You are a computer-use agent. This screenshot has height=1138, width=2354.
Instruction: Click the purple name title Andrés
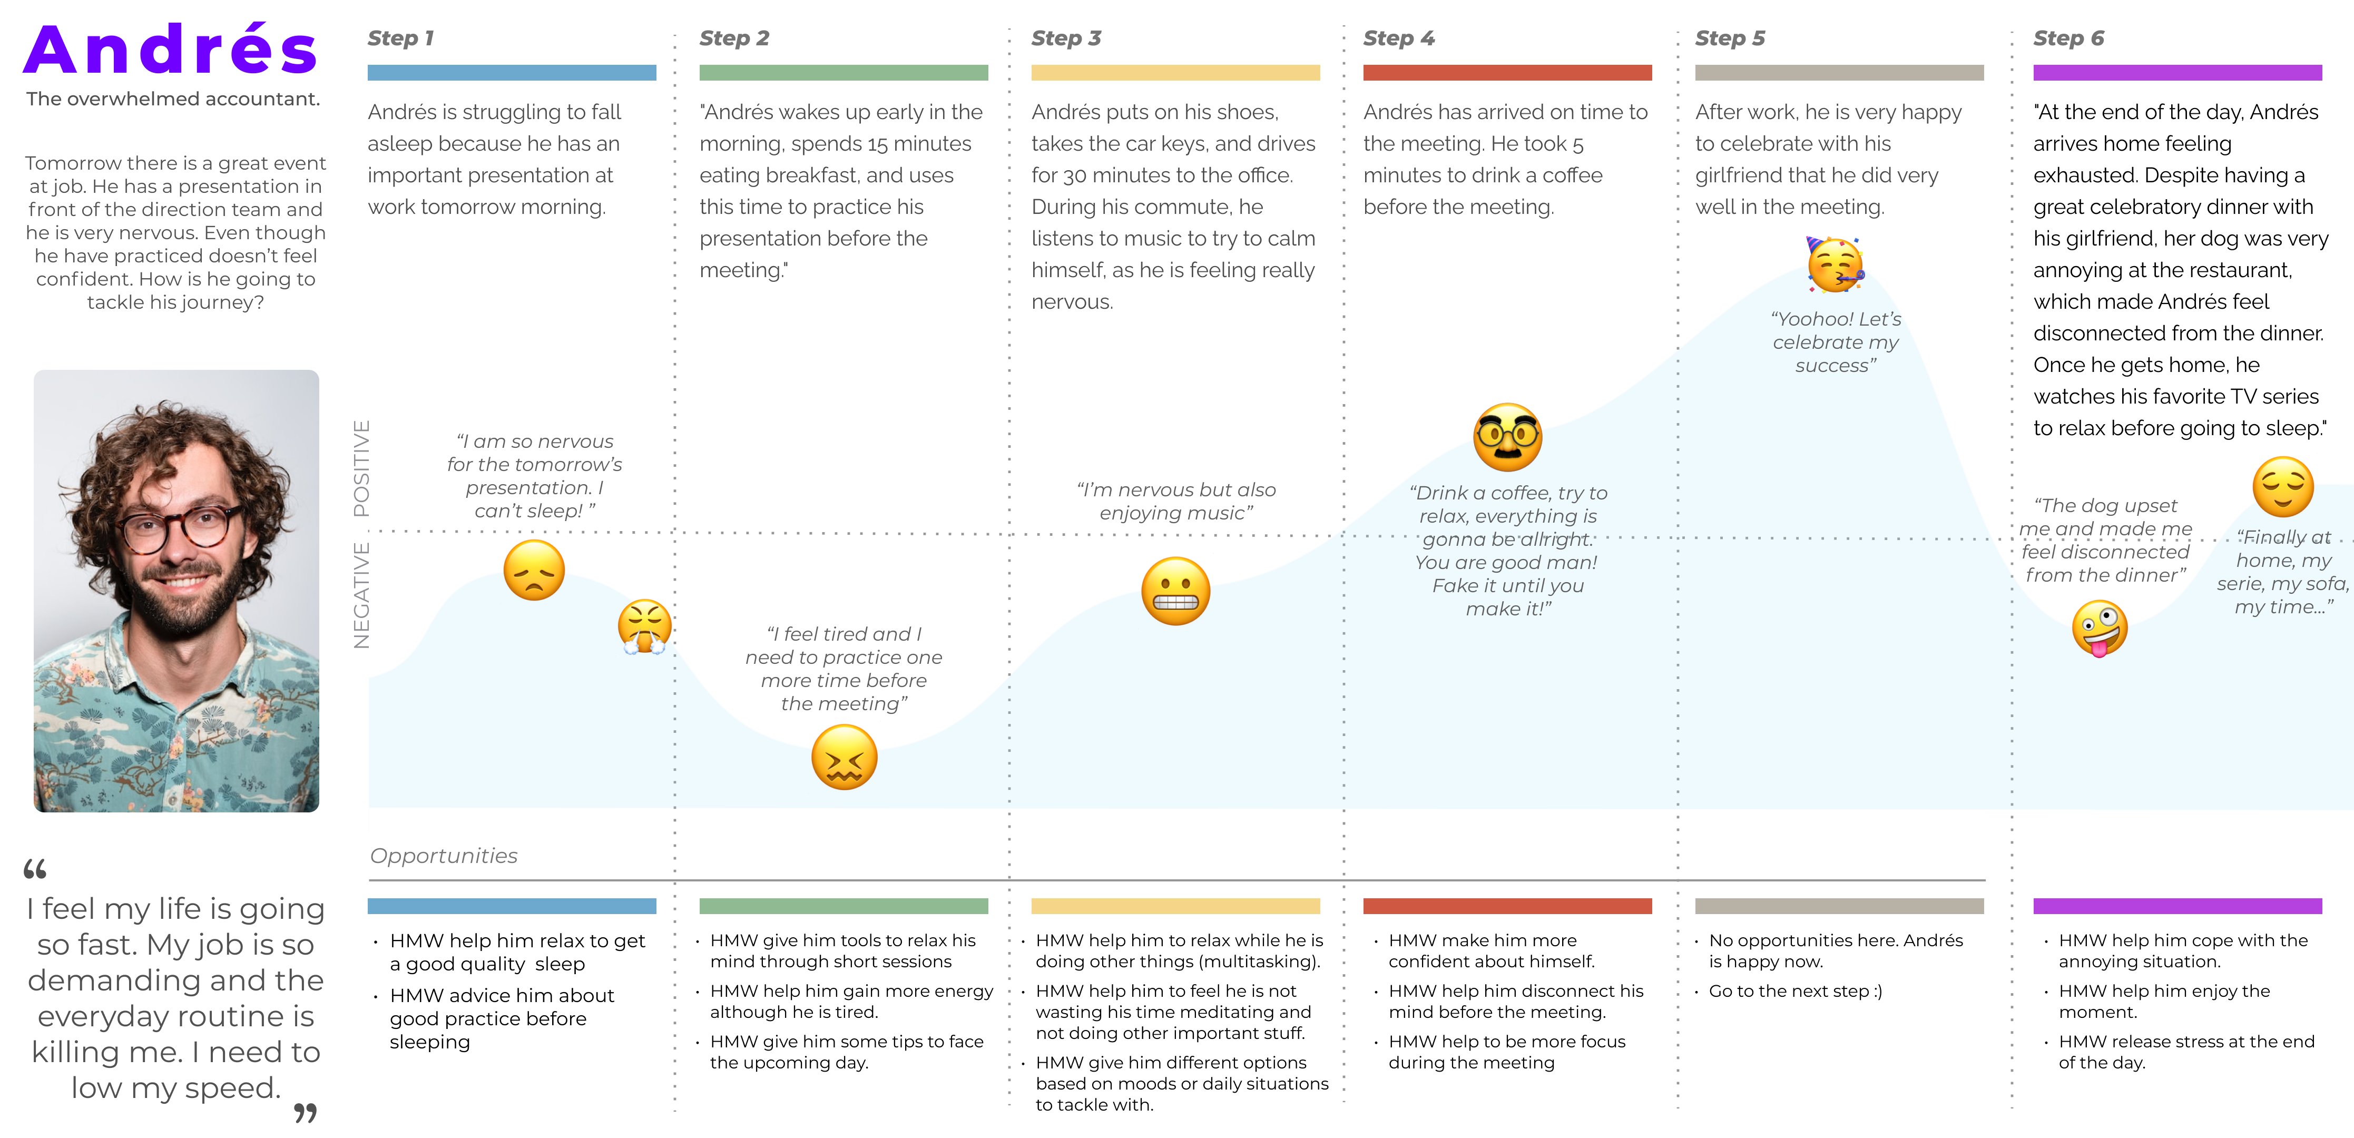(x=171, y=50)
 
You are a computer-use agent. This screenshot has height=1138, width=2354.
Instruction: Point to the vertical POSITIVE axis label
(x=362, y=468)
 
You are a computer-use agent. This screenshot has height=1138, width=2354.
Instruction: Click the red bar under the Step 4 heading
(x=1507, y=73)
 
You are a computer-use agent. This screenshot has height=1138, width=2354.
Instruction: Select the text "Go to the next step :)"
(x=1795, y=991)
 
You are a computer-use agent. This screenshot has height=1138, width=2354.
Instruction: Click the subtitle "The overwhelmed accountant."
(x=173, y=99)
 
